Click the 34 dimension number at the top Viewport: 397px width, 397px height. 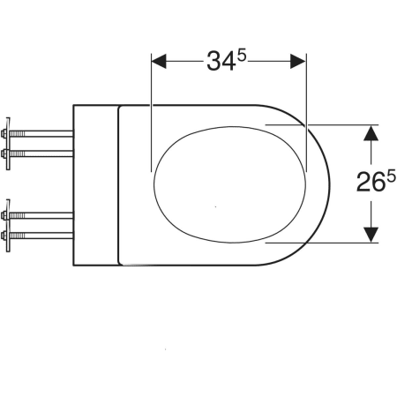click(x=221, y=62)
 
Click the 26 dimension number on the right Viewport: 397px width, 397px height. click(x=371, y=183)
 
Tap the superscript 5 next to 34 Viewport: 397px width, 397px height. click(x=242, y=56)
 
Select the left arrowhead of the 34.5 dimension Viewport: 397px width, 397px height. click(x=159, y=62)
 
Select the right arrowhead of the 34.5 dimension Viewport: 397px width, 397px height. click(x=298, y=62)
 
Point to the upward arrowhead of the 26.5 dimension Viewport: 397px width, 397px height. click(x=371, y=133)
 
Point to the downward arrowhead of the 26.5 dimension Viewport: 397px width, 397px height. click(x=371, y=235)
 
